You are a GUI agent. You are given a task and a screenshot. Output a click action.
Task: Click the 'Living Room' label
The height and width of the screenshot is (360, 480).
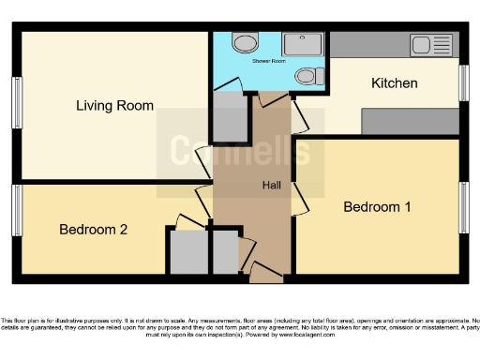[114, 105]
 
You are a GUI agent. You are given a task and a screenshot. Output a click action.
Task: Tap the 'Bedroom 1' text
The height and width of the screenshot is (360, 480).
[377, 206]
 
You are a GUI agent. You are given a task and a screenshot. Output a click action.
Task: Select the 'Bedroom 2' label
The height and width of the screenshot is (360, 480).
[93, 229]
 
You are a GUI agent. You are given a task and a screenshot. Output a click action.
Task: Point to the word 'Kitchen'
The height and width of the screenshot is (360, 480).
[395, 83]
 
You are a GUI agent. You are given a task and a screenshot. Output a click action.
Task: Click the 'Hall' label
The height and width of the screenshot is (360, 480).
[271, 185]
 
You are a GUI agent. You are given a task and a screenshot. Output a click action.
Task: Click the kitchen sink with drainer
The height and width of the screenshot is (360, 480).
[432, 45]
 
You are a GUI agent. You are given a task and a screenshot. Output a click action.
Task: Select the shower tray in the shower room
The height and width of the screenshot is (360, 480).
[302, 43]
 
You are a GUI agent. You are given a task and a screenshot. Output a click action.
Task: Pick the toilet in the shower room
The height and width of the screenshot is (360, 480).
[307, 77]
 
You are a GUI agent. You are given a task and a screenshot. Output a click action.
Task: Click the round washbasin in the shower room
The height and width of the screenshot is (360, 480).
[246, 42]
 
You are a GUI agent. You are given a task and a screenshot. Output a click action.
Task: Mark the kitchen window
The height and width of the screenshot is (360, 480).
[463, 82]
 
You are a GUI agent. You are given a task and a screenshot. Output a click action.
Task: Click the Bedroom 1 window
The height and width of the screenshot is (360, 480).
[463, 206]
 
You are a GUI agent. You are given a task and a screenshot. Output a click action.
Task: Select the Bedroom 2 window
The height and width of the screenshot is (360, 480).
[17, 211]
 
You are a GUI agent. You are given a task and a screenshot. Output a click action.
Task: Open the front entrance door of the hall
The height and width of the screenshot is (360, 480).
[266, 273]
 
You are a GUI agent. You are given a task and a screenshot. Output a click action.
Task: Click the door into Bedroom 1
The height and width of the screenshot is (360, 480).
[300, 198]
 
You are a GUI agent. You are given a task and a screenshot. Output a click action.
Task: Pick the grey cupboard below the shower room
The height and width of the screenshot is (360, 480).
[229, 116]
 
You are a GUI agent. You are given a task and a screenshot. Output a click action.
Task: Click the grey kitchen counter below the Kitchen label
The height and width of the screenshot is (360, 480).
[411, 121]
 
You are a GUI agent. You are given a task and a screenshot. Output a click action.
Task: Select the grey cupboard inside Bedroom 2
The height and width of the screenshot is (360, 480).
[187, 251]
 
